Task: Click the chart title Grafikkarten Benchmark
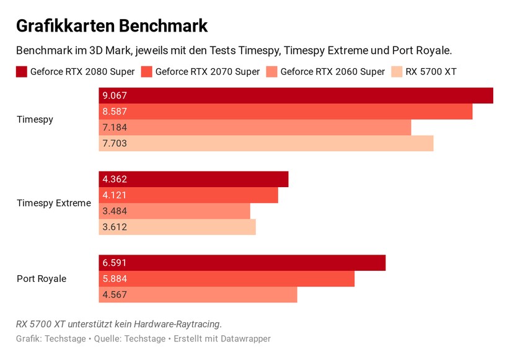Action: [112, 26]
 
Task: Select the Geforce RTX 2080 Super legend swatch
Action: [21, 72]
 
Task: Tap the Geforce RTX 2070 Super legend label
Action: [207, 72]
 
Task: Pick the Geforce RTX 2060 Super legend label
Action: [332, 72]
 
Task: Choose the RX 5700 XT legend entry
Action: [431, 72]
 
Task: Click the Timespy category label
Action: [35, 120]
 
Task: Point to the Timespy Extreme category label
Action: [54, 203]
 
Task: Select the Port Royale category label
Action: [42, 279]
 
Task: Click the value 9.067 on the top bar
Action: [115, 96]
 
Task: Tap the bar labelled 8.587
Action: [285, 112]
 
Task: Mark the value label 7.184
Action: [115, 128]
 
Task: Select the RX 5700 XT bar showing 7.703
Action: [266, 144]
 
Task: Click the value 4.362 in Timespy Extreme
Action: [115, 180]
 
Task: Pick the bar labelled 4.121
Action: [188, 195]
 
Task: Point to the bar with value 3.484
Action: [174, 211]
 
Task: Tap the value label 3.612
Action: [115, 227]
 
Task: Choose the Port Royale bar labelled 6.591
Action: [242, 263]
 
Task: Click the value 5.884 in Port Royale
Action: [115, 279]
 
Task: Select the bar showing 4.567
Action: [198, 295]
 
